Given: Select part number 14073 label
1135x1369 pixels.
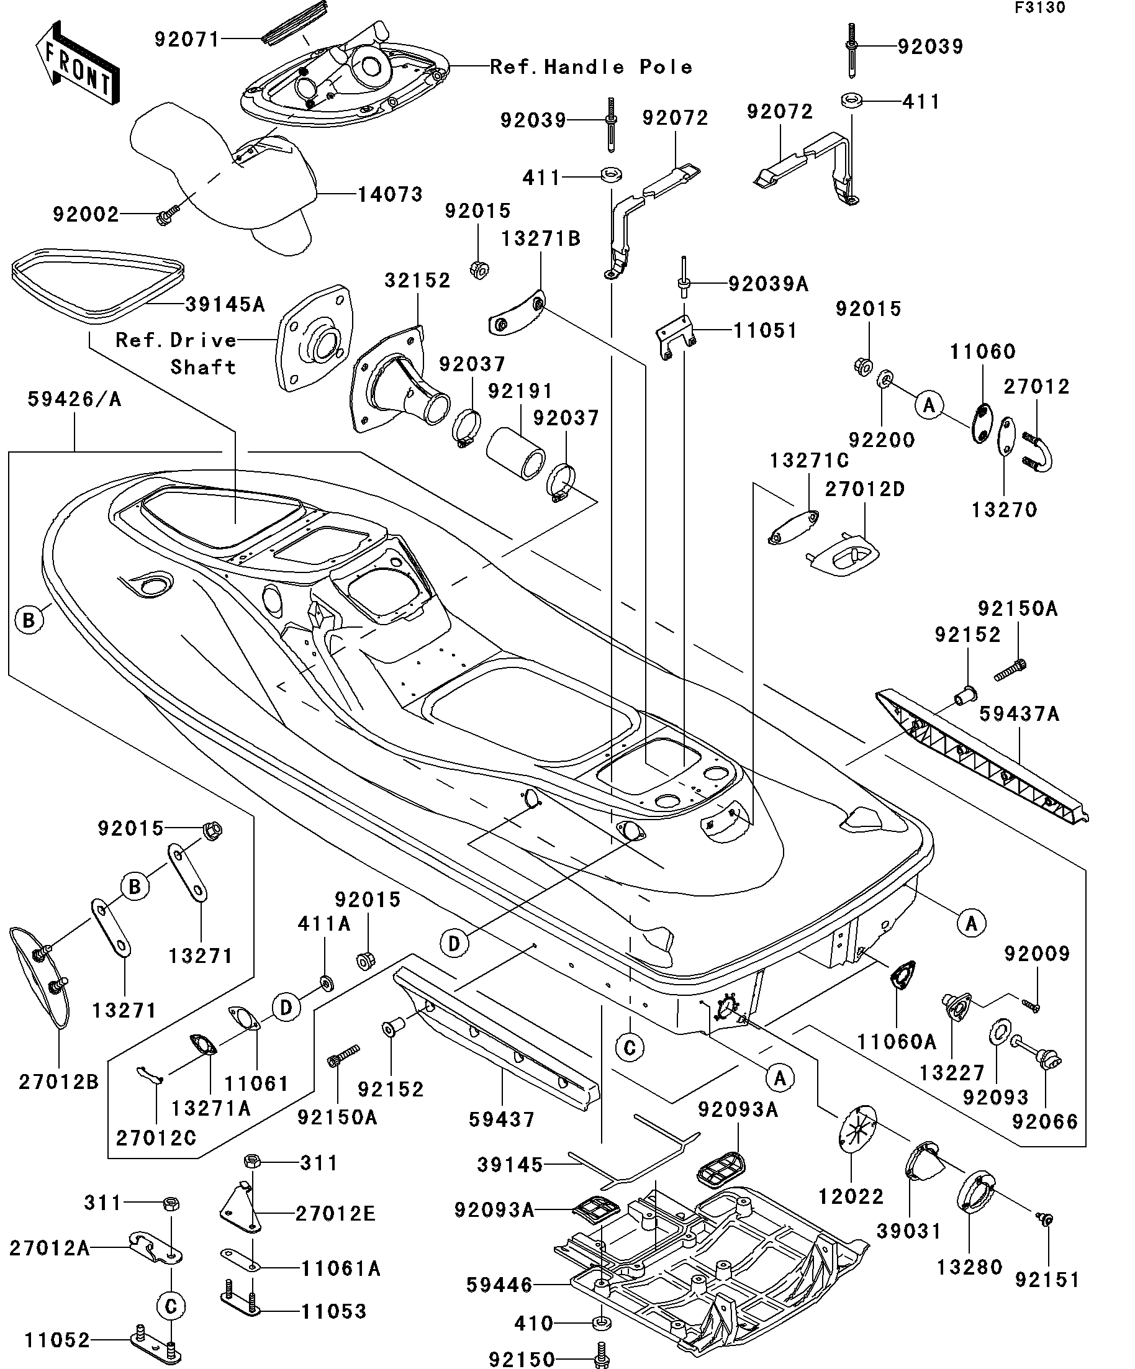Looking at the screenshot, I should (x=390, y=194).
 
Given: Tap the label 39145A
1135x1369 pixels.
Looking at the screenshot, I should (x=225, y=304).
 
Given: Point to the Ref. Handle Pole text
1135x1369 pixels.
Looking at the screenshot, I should (x=590, y=66).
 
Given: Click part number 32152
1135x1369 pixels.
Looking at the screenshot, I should (x=417, y=281).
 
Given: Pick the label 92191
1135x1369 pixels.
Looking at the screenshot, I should (x=520, y=391).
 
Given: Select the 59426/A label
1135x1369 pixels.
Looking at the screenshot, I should (x=75, y=400).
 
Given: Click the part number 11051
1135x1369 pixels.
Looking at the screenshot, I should (x=765, y=330).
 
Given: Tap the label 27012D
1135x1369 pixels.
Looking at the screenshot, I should (x=864, y=489).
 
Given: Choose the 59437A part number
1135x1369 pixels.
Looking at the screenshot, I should (x=1019, y=715).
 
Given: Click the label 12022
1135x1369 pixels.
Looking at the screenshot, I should (x=851, y=1196).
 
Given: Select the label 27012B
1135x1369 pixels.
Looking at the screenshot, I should (x=58, y=1082).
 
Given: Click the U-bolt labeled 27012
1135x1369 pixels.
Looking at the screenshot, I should (x=1041, y=451).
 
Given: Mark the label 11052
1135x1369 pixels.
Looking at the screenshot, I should (x=57, y=1340).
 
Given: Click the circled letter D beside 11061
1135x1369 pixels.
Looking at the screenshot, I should (x=286, y=1008).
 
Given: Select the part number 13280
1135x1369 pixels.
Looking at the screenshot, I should (x=969, y=1267).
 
